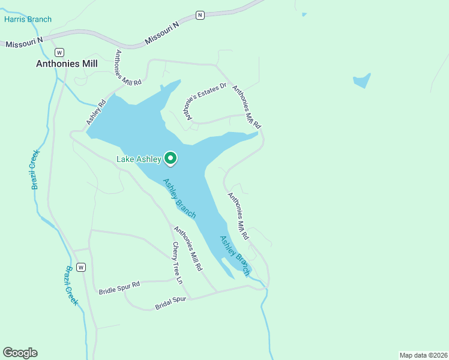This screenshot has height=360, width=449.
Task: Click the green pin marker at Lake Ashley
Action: (x=170, y=158)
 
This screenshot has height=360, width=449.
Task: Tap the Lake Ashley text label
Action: (x=139, y=159)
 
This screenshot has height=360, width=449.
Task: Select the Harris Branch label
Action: (x=28, y=19)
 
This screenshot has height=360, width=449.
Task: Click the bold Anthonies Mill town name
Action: (x=67, y=63)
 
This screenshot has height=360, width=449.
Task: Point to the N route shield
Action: (x=200, y=14)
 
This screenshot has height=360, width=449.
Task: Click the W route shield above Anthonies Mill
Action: (x=59, y=52)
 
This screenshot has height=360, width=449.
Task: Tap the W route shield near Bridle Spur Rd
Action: (x=81, y=267)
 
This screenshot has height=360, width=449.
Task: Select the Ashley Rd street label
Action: (x=95, y=112)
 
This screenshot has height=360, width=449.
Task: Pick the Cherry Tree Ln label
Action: (x=176, y=262)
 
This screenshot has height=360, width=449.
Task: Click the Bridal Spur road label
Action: (x=171, y=303)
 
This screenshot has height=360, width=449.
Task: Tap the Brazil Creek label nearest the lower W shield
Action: (x=72, y=285)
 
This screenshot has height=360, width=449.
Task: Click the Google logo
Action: (x=20, y=353)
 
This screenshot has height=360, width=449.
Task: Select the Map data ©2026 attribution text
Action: (x=423, y=355)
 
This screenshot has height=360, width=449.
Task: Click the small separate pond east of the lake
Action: (x=362, y=81)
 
